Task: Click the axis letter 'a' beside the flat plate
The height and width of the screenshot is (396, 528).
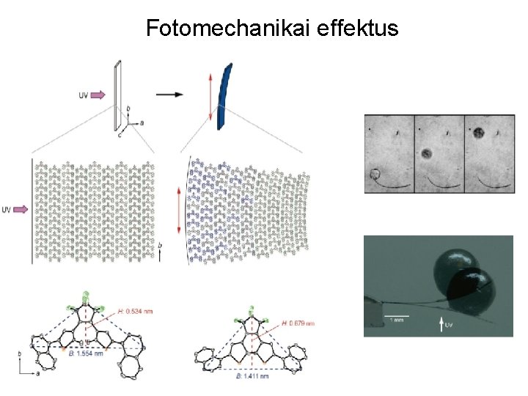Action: click(x=142, y=122)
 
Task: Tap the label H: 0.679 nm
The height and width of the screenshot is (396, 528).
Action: click(x=296, y=323)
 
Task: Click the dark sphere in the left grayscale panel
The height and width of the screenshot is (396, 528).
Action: click(x=375, y=174)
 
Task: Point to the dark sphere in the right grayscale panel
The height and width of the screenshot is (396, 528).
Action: click(x=479, y=133)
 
